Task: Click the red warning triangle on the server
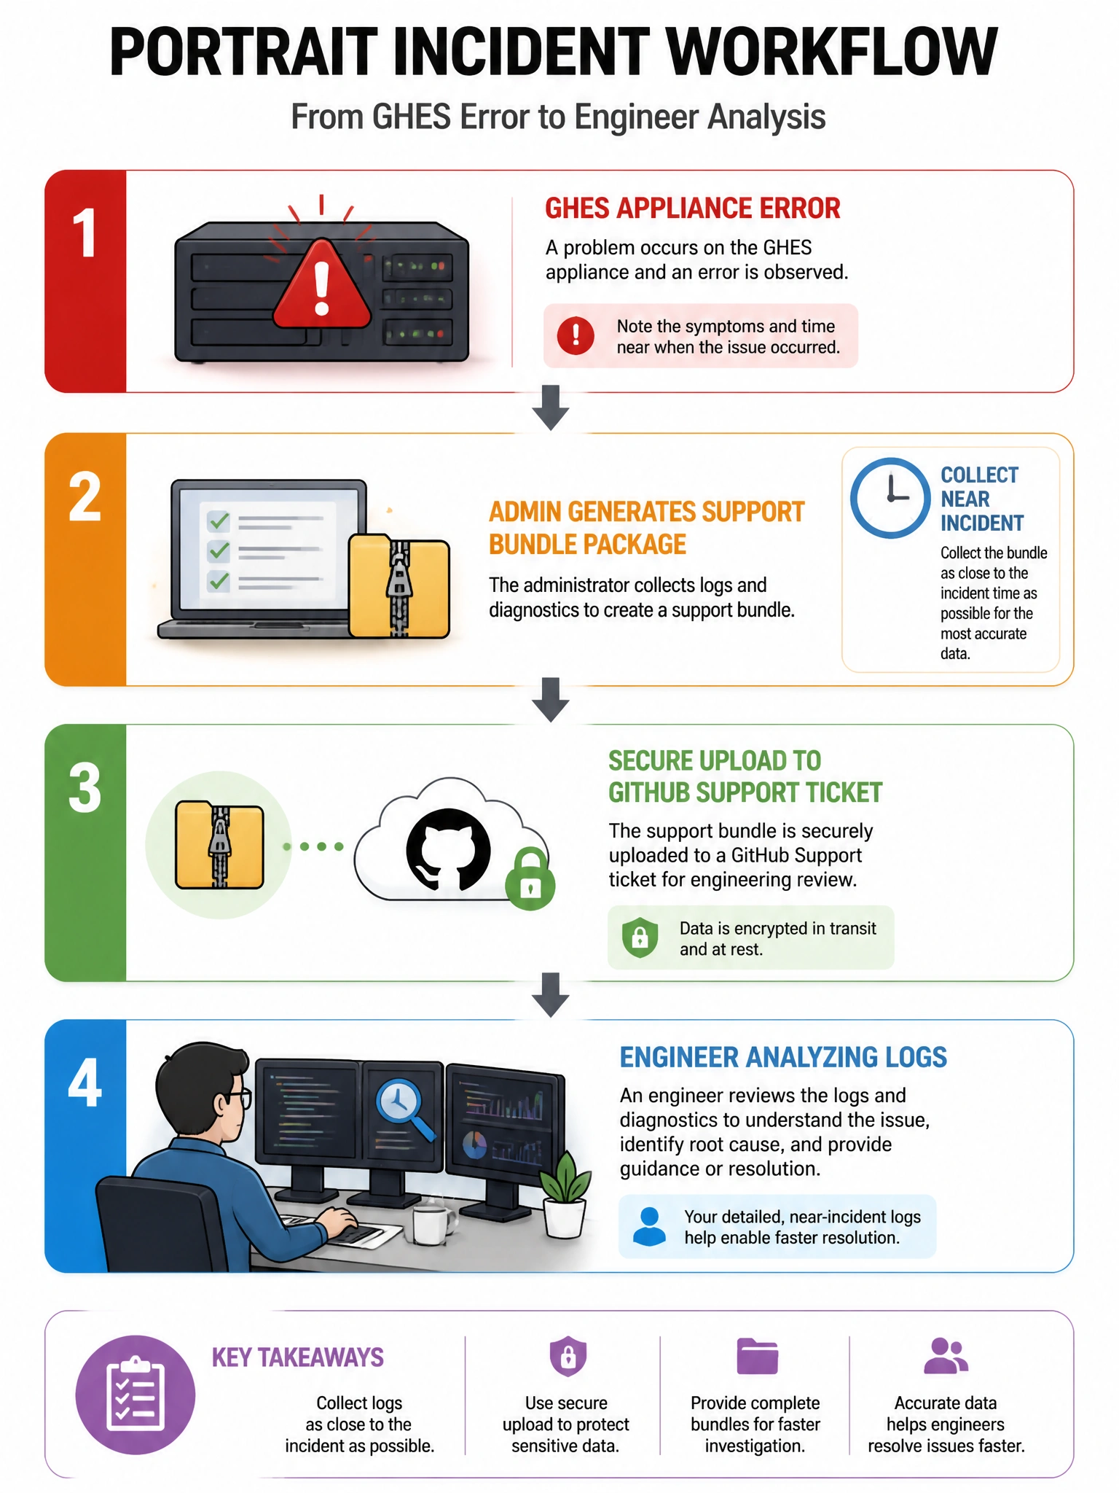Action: pos(321,284)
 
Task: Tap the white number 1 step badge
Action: pos(85,233)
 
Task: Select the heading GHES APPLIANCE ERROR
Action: pos(692,208)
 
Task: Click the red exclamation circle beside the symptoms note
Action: pos(576,336)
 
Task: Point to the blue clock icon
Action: pos(890,498)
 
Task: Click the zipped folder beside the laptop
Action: pos(398,586)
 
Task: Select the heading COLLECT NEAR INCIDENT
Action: pos(981,499)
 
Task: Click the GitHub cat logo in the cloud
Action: pos(448,850)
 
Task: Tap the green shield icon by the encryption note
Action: pos(640,937)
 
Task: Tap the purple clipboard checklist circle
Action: pos(136,1395)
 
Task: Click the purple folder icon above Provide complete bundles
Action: pos(757,1357)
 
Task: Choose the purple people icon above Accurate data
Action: pos(946,1356)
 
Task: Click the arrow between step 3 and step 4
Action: pos(551,994)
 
